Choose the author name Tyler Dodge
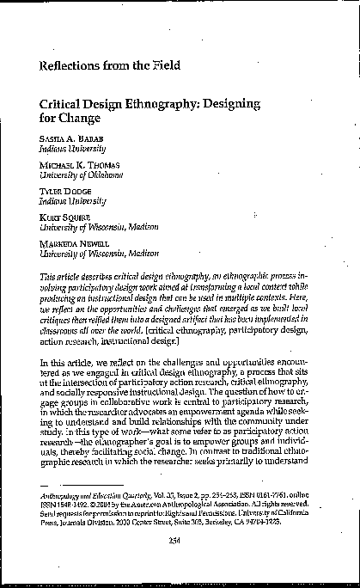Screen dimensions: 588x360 (x=63, y=191)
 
